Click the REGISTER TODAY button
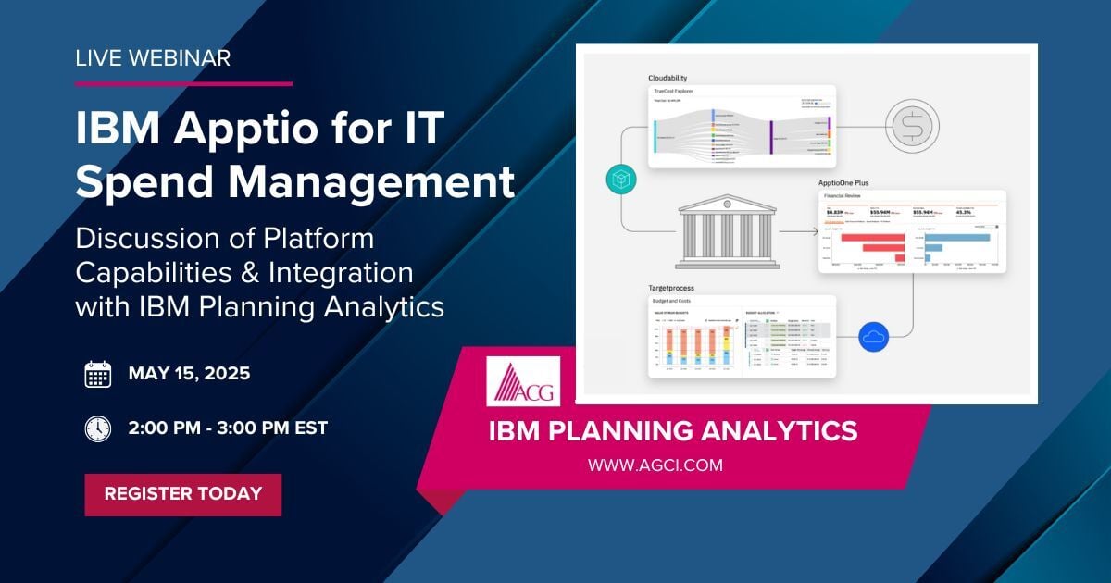pyautogui.click(x=182, y=494)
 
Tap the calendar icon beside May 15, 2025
pyautogui.click(x=98, y=374)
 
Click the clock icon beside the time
pyautogui.click(x=98, y=428)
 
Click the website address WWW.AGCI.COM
pyautogui.click(x=655, y=465)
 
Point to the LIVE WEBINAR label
pyautogui.click(x=153, y=57)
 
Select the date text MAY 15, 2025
pyautogui.click(x=189, y=374)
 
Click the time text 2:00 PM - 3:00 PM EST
pyautogui.click(x=228, y=428)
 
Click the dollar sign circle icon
pyautogui.click(x=911, y=124)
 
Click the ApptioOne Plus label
pyautogui.click(x=850, y=183)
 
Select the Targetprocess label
pyautogui.click(x=673, y=289)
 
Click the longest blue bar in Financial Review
pyautogui.click(x=957, y=238)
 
